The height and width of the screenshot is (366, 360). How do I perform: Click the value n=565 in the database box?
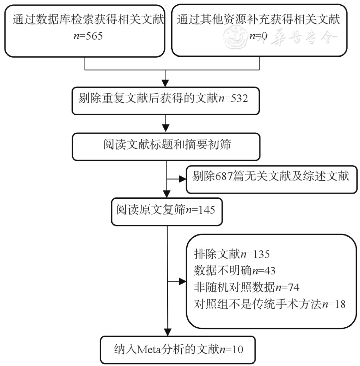[x=86, y=36]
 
